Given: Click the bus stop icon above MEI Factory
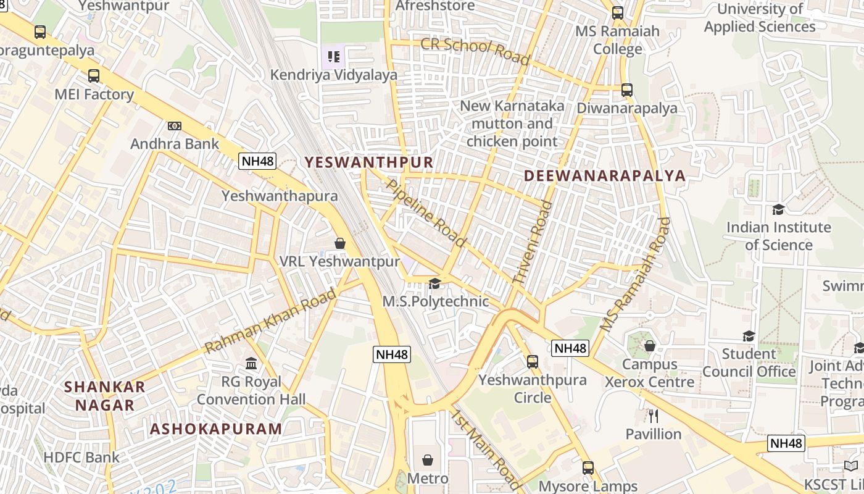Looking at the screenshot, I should click(94, 76).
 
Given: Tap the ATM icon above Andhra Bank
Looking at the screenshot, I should click(175, 126).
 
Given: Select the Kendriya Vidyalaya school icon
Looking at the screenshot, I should click(334, 57).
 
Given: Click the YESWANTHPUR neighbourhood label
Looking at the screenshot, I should click(369, 162).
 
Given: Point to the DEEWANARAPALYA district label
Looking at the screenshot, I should click(605, 176).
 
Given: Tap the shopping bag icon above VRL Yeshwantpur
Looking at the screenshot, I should click(339, 243).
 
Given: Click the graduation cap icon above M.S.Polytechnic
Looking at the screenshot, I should click(435, 283).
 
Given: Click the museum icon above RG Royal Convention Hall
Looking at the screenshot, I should click(251, 363).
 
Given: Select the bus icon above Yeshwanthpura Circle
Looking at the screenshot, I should click(533, 362).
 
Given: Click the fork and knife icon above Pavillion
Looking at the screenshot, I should click(654, 416).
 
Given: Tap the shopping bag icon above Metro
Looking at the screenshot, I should click(428, 460).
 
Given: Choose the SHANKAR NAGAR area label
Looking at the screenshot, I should click(105, 396).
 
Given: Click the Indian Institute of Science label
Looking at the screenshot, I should click(778, 236).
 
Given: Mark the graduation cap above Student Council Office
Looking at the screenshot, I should click(749, 336).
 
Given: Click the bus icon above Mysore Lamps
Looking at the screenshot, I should click(588, 468).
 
